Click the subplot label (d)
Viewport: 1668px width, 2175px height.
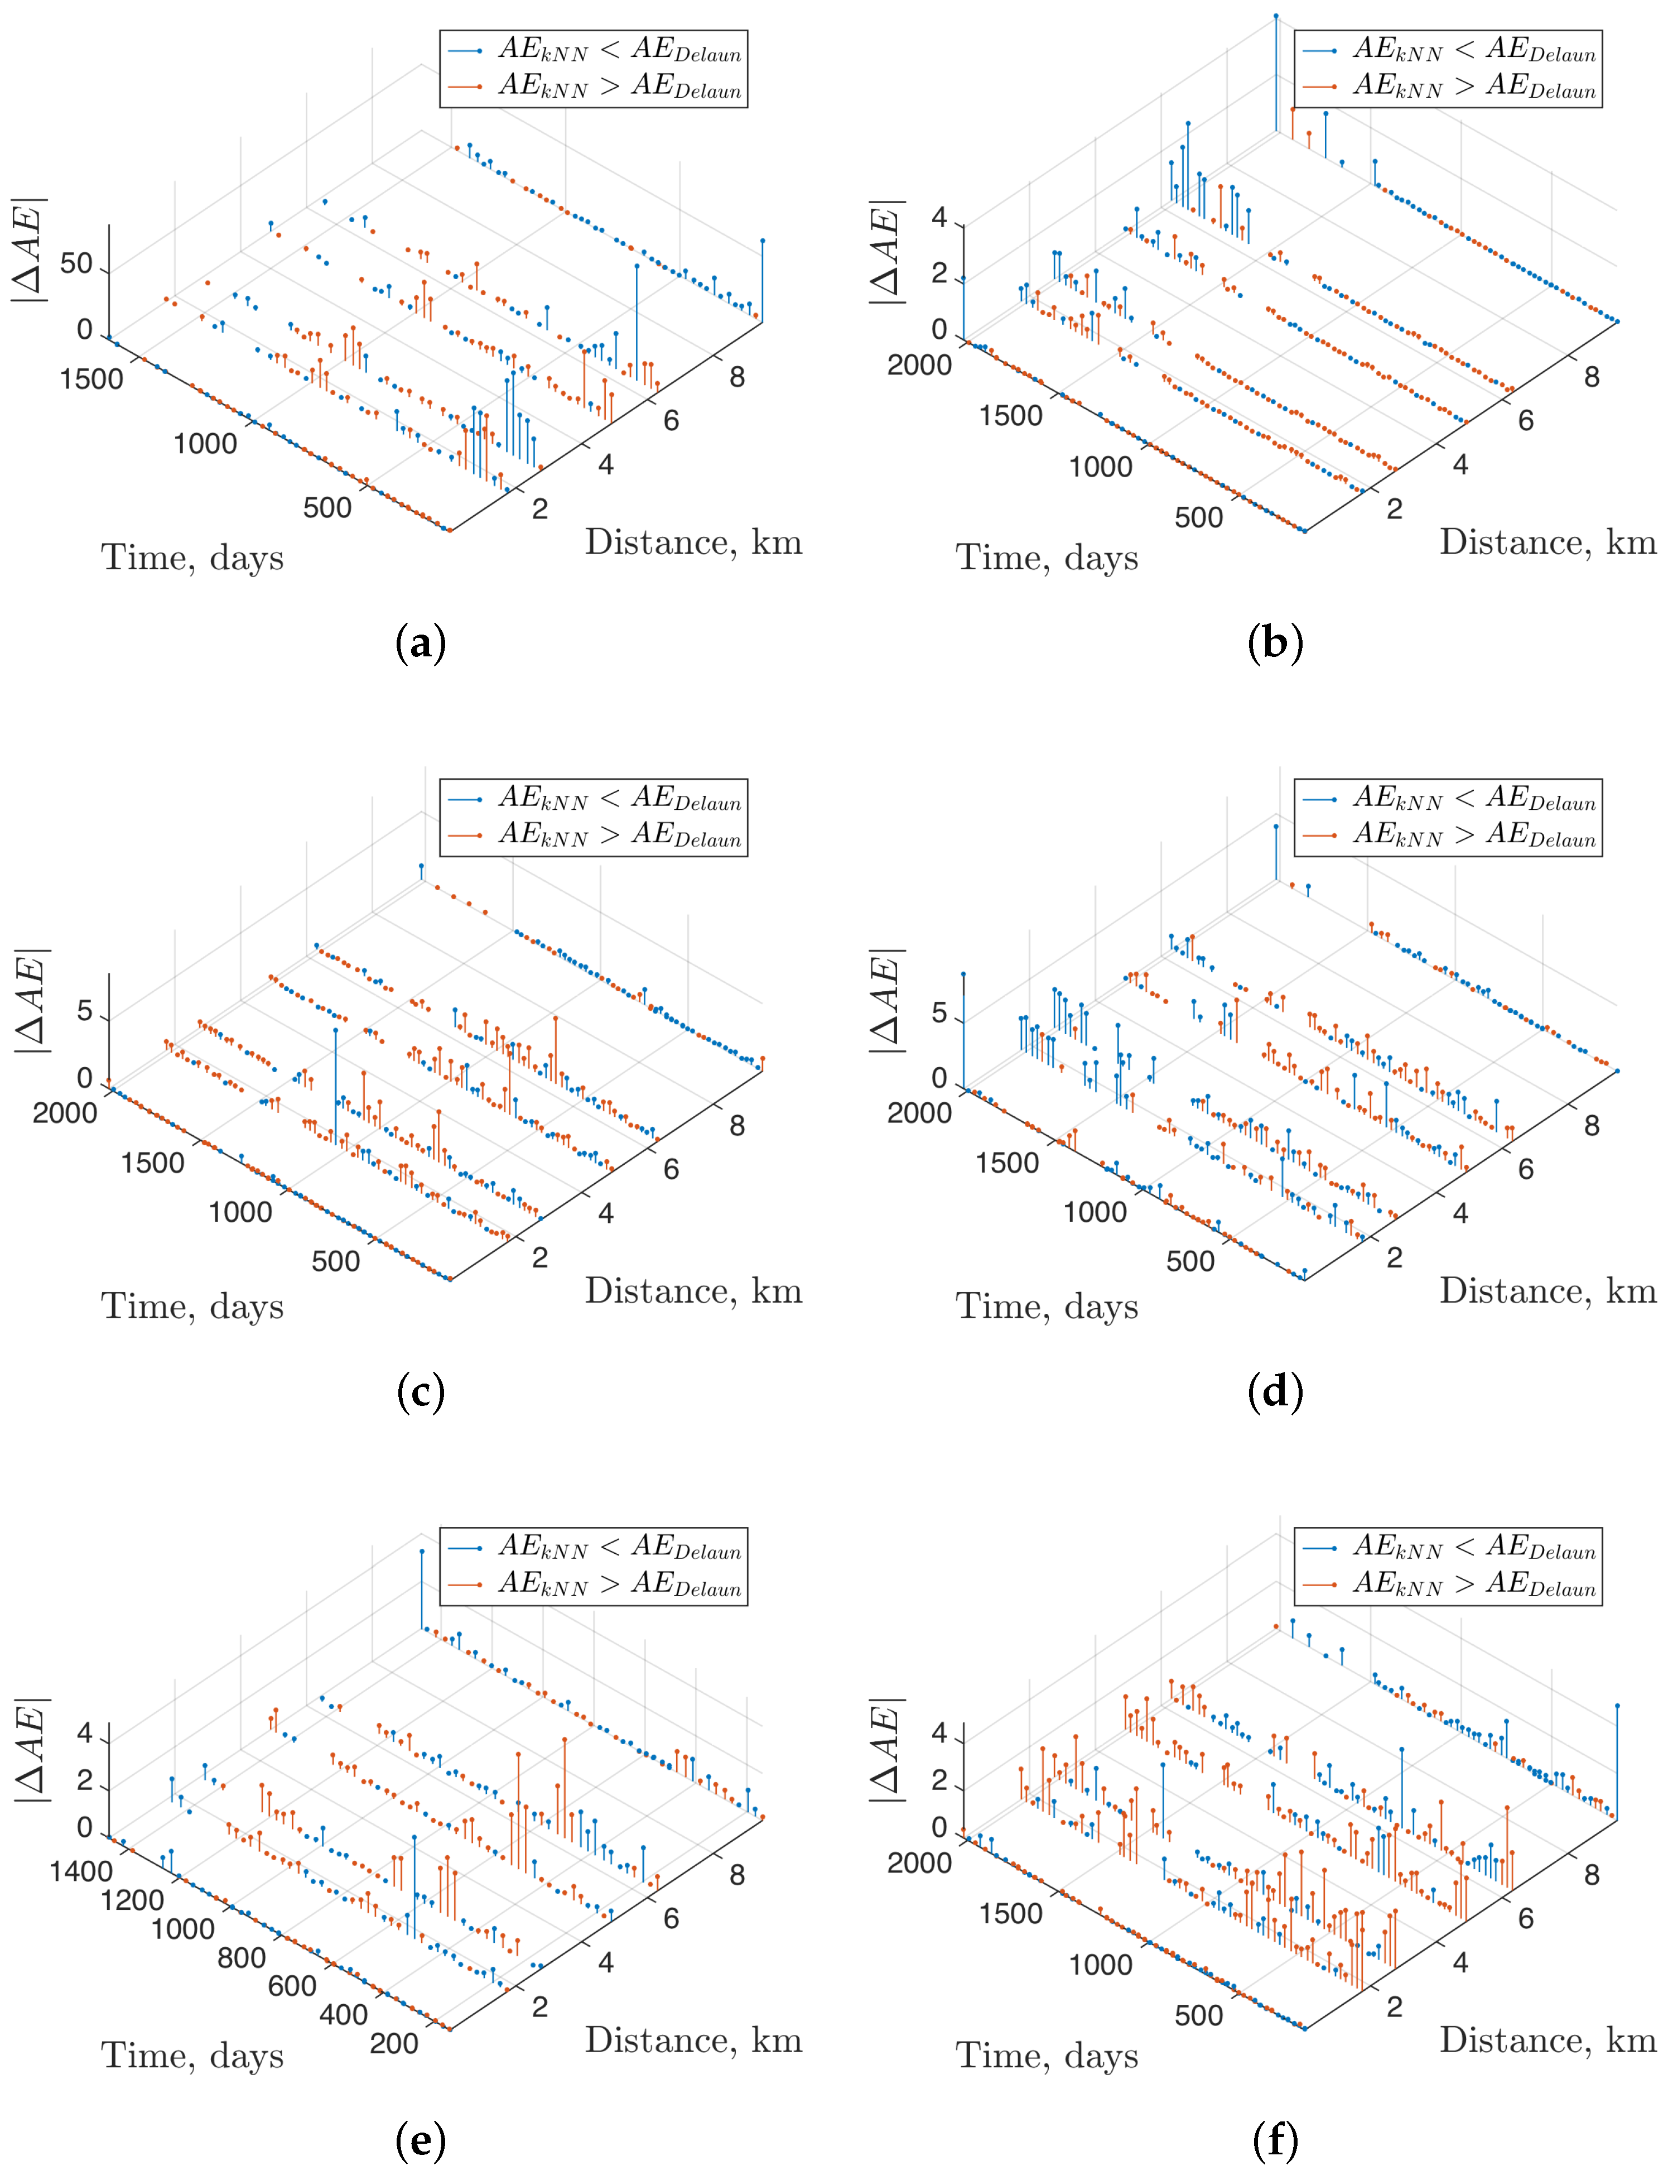(1275, 1391)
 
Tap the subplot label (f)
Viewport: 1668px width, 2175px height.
(1275, 2140)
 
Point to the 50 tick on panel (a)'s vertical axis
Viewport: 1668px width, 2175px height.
(76, 264)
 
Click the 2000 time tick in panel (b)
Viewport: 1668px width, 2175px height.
(919, 366)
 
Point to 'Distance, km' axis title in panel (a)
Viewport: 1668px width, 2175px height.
(693, 542)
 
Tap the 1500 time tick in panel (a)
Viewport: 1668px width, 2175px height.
(91, 380)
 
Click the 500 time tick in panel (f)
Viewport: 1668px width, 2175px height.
(1198, 2015)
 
